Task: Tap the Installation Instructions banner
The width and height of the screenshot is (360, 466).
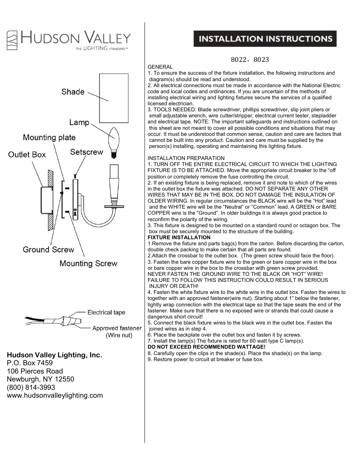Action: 265,39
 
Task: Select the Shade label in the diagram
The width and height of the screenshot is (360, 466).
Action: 73,92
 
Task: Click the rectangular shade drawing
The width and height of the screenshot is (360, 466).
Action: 114,98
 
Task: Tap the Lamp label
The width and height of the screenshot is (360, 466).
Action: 79,122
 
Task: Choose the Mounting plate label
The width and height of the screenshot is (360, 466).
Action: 49,137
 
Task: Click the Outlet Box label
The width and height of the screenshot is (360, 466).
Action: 27,154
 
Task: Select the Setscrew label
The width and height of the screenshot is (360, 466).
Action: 86,152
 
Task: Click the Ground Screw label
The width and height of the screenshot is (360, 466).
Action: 48,249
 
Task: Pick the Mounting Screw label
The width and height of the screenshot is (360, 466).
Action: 88,263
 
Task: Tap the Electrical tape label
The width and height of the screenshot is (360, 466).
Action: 106,312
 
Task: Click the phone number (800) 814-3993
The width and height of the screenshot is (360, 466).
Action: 31,387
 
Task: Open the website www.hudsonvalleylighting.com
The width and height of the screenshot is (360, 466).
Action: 55,395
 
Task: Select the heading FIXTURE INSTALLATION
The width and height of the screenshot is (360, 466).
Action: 179,237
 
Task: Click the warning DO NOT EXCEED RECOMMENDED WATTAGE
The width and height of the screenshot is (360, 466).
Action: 206,347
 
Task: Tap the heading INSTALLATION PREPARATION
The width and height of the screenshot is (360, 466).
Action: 186,158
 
